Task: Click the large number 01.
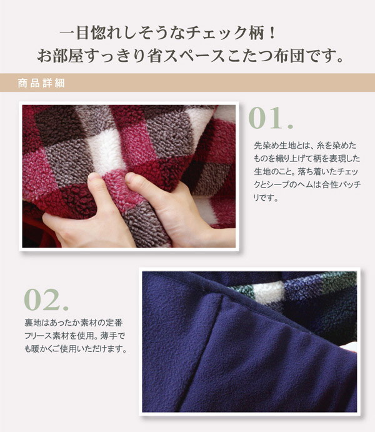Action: tap(271, 118)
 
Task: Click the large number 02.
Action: tap(46, 299)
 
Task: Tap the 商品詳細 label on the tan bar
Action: tap(41, 83)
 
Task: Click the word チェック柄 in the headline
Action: tap(225, 33)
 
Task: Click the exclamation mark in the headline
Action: tap(272, 33)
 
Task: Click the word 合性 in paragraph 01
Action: tap(330, 184)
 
